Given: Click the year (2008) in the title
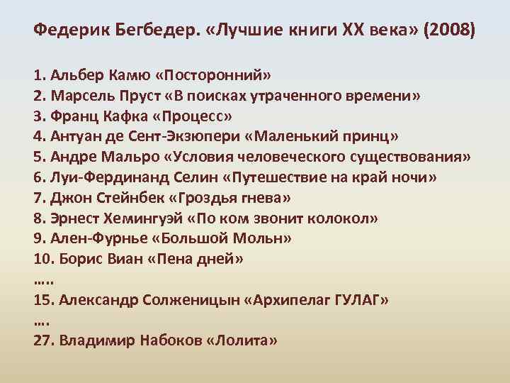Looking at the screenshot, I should point(451,32).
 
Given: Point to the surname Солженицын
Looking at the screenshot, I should point(180,300).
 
